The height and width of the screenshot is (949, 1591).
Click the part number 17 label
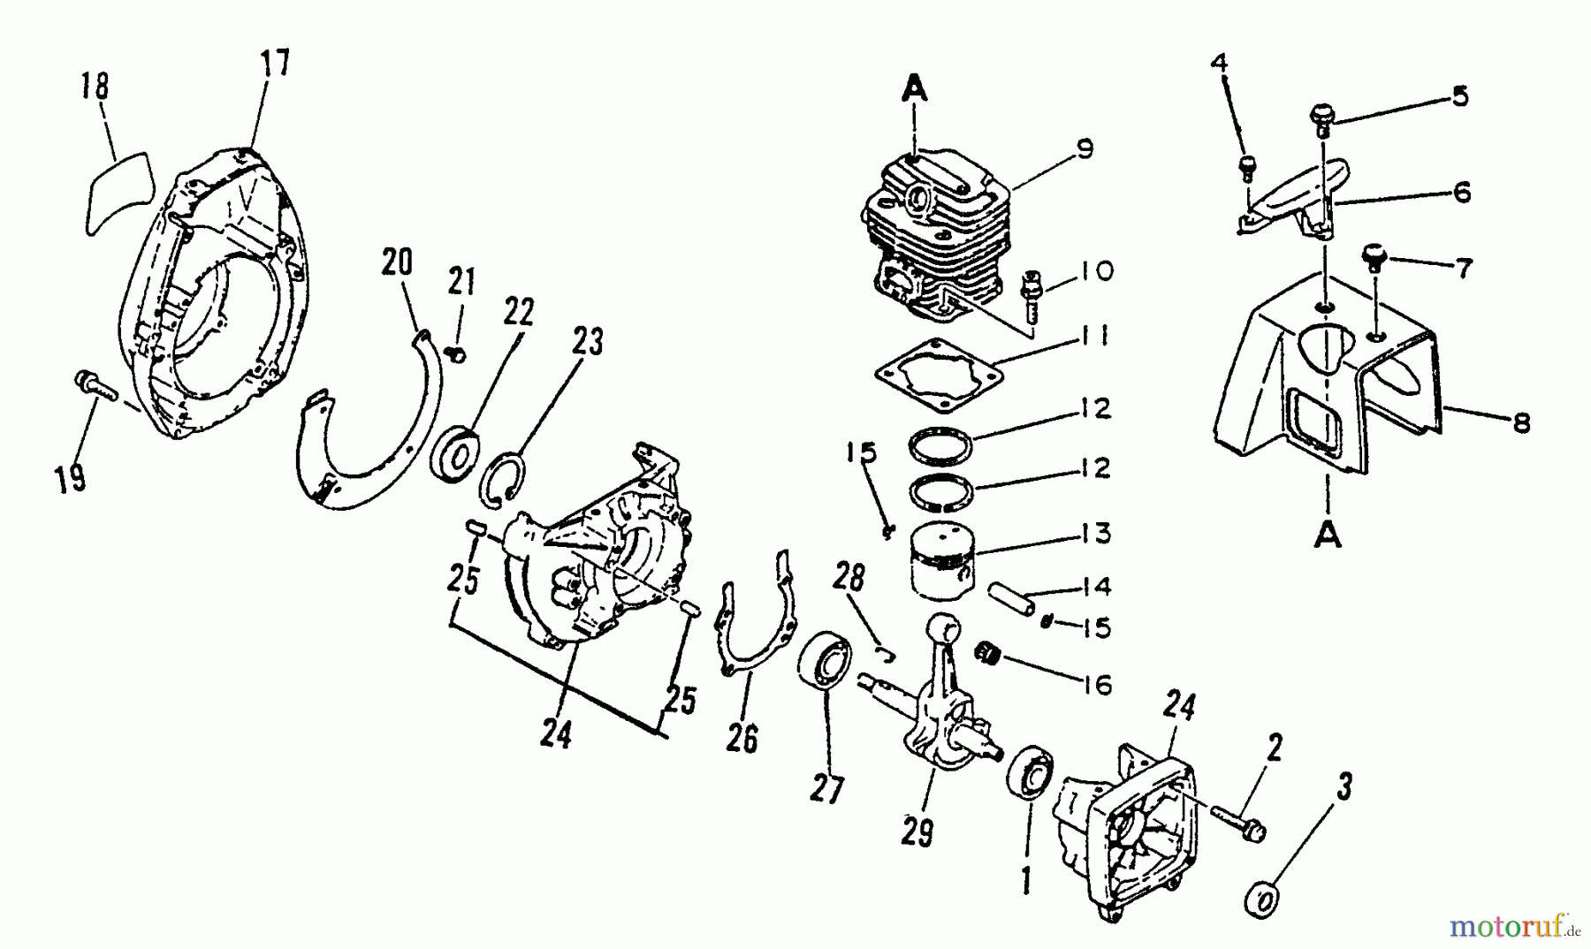coord(274,64)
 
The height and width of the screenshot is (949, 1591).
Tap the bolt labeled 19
coord(92,386)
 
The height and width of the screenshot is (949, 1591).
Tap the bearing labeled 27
coord(826,659)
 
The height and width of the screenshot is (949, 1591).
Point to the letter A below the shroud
coord(1328,535)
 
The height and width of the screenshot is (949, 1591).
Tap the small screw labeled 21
coord(456,355)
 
